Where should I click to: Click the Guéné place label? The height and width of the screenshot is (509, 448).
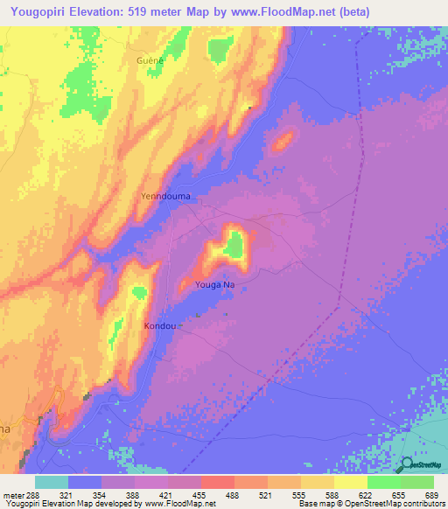point(150,60)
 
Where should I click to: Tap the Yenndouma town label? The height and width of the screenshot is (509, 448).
point(165,197)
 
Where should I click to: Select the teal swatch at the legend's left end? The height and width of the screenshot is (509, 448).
point(52,482)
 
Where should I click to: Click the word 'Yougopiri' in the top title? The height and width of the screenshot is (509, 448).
point(43,12)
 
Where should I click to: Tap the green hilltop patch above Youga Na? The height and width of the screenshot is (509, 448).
point(233,248)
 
